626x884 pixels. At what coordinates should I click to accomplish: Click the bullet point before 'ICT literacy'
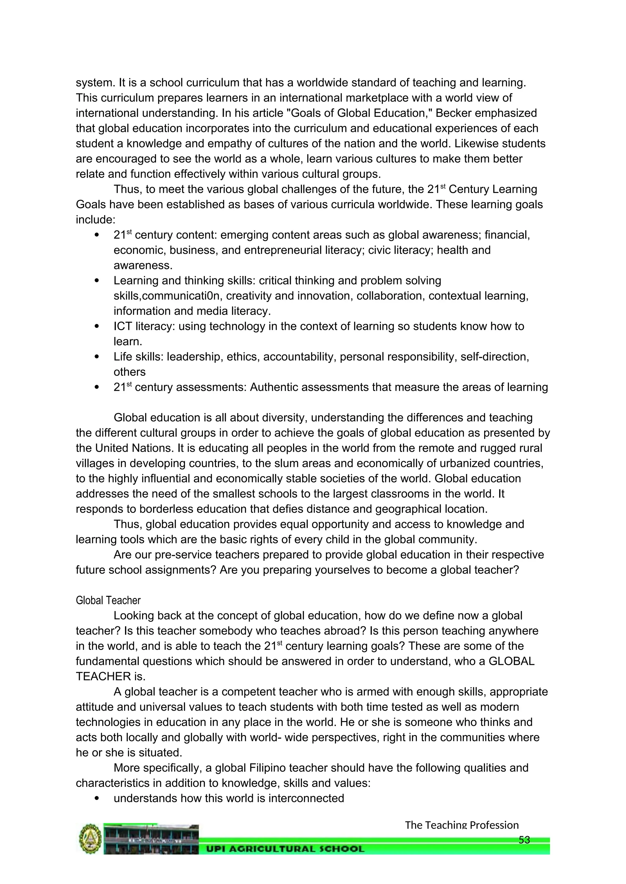tap(97, 327)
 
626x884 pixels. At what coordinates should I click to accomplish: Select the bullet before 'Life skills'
tap(97, 357)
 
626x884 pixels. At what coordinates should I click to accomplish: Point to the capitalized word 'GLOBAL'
tap(511, 661)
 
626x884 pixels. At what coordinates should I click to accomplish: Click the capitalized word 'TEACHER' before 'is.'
tap(103, 676)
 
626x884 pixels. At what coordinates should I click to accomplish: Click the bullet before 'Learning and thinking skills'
tap(97, 281)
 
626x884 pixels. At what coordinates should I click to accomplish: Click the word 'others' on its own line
tap(130, 372)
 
